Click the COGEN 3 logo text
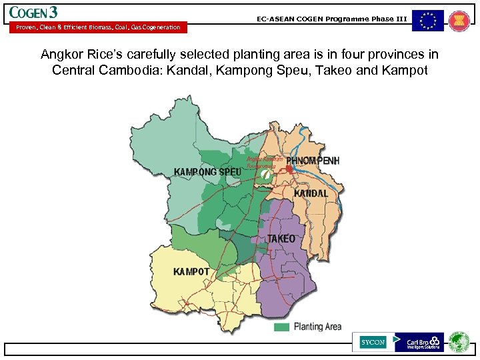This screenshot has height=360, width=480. tap(33, 13)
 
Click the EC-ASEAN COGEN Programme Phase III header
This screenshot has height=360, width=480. tap(331, 19)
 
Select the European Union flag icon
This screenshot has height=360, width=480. tap(427, 21)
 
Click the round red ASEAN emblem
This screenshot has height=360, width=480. tap(459, 21)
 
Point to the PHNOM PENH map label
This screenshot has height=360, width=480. tap(313, 161)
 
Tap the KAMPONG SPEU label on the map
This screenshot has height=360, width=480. tap(207, 172)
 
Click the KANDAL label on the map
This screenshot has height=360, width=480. tap(311, 193)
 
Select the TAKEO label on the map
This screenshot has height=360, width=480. tap(281, 239)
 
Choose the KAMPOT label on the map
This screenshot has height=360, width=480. tap(191, 272)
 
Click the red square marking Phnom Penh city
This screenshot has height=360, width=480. tap(289, 169)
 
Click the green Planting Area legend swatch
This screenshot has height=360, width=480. tap(282, 327)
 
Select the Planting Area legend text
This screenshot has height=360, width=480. tap(317, 327)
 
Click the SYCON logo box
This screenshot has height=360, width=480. tap(373, 342)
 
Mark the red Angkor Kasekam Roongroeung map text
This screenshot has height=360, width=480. tap(265, 163)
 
